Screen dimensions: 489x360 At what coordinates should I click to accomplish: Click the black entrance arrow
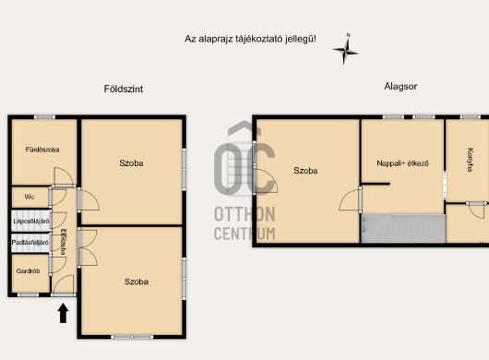click(64, 313)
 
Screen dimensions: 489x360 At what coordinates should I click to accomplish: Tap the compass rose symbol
click(345, 49)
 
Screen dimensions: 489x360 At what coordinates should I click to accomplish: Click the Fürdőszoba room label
click(42, 150)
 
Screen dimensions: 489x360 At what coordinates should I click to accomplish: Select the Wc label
click(29, 198)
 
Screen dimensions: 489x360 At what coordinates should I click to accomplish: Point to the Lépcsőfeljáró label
click(31, 222)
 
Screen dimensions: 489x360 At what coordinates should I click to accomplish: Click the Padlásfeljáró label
click(30, 243)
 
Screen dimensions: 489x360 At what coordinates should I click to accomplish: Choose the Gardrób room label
click(28, 271)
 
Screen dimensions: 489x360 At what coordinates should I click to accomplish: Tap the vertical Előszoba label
click(64, 242)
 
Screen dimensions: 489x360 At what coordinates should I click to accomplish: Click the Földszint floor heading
click(124, 89)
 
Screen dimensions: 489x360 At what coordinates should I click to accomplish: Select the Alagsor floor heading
click(400, 87)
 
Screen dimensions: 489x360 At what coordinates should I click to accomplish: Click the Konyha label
click(470, 160)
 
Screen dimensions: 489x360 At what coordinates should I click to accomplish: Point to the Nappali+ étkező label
click(402, 163)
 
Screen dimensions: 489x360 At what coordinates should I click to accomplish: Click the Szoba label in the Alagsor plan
click(305, 171)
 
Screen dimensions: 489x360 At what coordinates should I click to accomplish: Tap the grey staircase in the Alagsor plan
click(403, 228)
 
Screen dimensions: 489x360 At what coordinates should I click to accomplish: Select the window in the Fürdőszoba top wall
click(44, 117)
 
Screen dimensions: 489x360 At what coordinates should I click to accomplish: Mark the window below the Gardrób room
click(28, 294)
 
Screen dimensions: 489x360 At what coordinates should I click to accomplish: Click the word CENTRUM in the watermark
click(244, 234)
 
